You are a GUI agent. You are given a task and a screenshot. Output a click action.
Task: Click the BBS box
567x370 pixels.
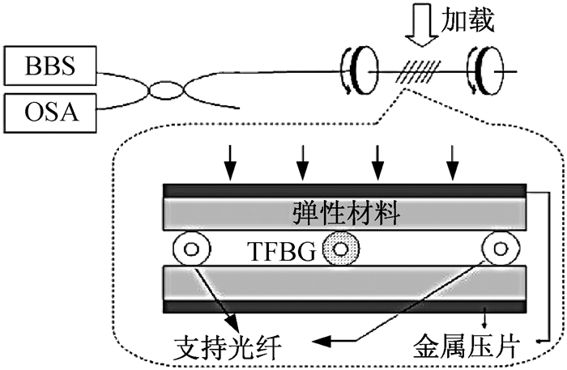point(50,66)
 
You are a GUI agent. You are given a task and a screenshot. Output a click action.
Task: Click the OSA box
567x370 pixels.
point(50,113)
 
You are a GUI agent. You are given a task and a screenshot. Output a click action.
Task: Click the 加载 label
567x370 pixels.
point(467,19)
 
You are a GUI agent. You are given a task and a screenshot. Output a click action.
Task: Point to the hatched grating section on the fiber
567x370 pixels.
point(419,71)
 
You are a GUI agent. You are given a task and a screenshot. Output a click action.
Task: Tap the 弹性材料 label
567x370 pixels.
point(346,213)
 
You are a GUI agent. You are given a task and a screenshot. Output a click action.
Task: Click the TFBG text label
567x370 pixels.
point(281,251)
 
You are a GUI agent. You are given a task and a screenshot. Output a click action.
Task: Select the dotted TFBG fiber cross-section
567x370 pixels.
point(341,249)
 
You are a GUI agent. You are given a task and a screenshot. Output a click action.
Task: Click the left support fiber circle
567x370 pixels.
point(192,249)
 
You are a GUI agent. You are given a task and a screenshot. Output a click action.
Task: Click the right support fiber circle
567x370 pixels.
point(501,249)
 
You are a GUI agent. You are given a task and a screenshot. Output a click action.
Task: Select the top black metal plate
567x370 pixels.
point(345,191)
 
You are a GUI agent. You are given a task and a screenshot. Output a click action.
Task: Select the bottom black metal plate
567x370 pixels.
point(345,306)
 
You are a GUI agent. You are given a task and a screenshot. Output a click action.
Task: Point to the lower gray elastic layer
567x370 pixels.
point(345,283)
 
